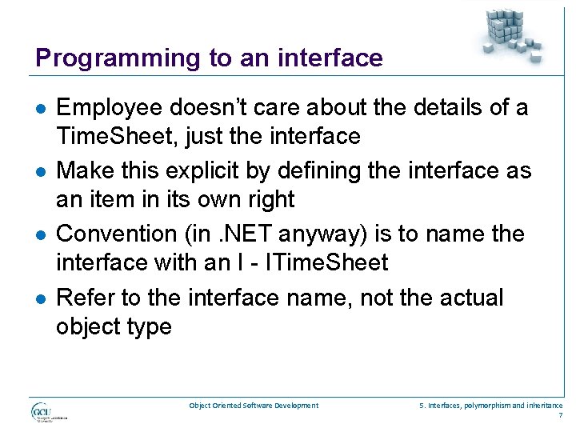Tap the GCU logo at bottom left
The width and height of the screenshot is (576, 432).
48,412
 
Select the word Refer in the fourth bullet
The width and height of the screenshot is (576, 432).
86,298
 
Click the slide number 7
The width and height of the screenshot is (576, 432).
559,416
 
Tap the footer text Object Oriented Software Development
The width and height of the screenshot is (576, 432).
254,406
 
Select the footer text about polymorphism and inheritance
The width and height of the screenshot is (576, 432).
490,406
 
